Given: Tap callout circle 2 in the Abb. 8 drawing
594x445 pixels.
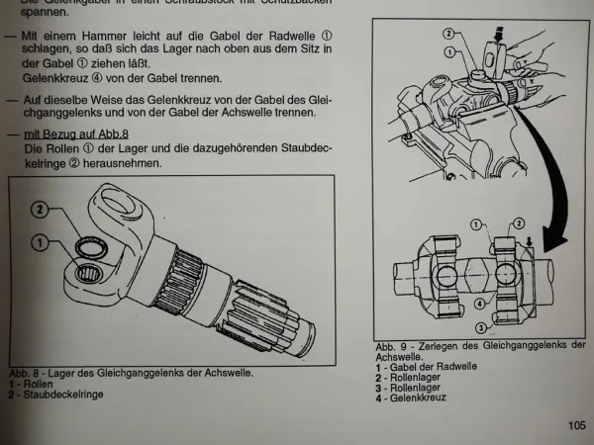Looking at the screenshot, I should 39,209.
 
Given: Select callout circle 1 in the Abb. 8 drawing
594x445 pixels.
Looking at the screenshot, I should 39,240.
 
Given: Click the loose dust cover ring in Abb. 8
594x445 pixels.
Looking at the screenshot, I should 92,233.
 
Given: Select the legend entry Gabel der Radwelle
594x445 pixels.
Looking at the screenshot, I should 427,368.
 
